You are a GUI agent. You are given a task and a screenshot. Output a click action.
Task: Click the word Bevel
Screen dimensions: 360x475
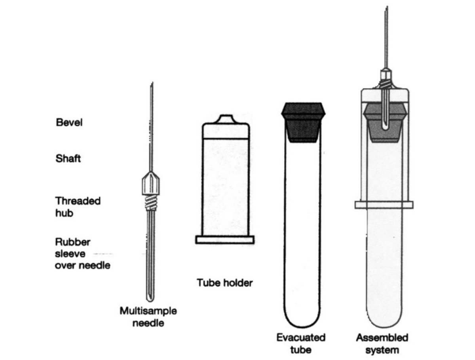pyautogui.click(x=69, y=123)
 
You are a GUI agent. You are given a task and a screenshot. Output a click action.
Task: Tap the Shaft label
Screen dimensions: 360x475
pyautogui.click(x=68, y=158)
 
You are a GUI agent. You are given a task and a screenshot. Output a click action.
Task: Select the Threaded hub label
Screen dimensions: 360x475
pyautogui.click(x=78, y=207)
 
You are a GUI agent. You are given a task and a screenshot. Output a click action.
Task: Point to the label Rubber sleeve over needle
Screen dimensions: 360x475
pyautogui.click(x=82, y=253)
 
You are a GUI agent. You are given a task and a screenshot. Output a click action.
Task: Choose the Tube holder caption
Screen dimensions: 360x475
pyautogui.click(x=224, y=283)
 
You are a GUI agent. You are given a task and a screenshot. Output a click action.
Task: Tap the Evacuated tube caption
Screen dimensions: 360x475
pyautogui.click(x=301, y=343)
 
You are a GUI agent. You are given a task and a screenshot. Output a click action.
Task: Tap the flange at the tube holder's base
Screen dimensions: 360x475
pyautogui.click(x=224, y=240)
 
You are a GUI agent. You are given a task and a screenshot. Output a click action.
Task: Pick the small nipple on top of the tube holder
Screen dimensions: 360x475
pyautogui.click(x=225, y=119)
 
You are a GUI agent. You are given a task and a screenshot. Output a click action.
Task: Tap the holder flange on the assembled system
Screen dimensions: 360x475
pyautogui.click(x=384, y=205)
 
